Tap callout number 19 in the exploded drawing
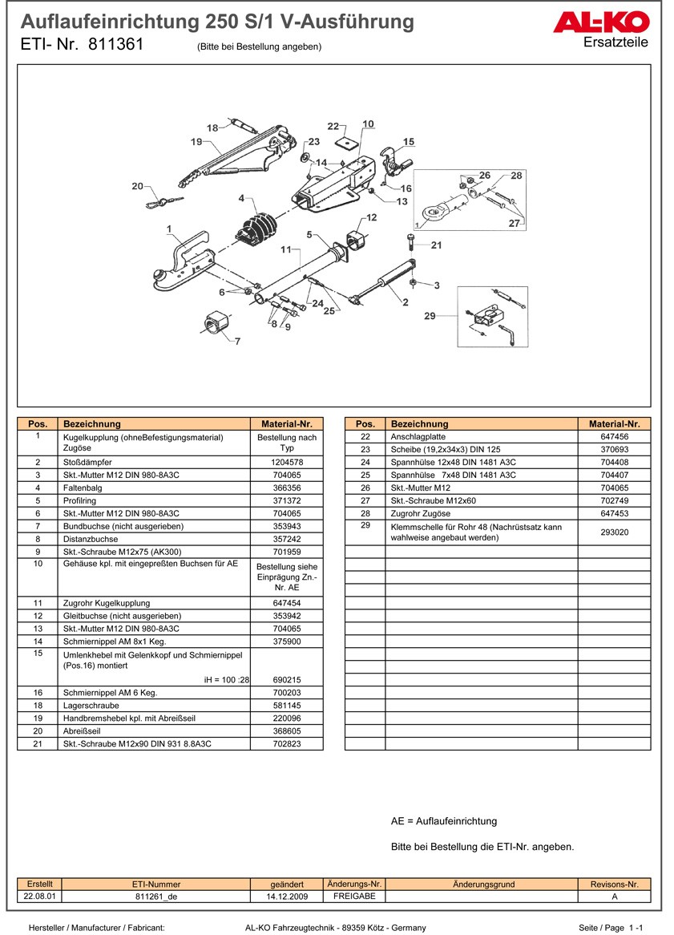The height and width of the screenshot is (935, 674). click(x=196, y=142)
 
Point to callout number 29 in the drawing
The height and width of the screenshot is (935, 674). click(x=430, y=316)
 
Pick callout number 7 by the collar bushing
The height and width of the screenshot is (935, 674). click(x=236, y=342)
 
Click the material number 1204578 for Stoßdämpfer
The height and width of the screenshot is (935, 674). click(x=286, y=463)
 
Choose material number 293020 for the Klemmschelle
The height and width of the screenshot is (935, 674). click(x=614, y=532)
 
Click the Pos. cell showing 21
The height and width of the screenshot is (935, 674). click(x=38, y=744)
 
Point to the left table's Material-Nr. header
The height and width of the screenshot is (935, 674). click(x=286, y=423)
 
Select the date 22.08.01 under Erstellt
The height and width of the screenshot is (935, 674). click(x=39, y=897)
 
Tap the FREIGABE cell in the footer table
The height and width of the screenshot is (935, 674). click(x=354, y=897)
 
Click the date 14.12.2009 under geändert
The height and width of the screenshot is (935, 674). click(x=287, y=897)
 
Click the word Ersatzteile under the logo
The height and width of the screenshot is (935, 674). click(x=615, y=42)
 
